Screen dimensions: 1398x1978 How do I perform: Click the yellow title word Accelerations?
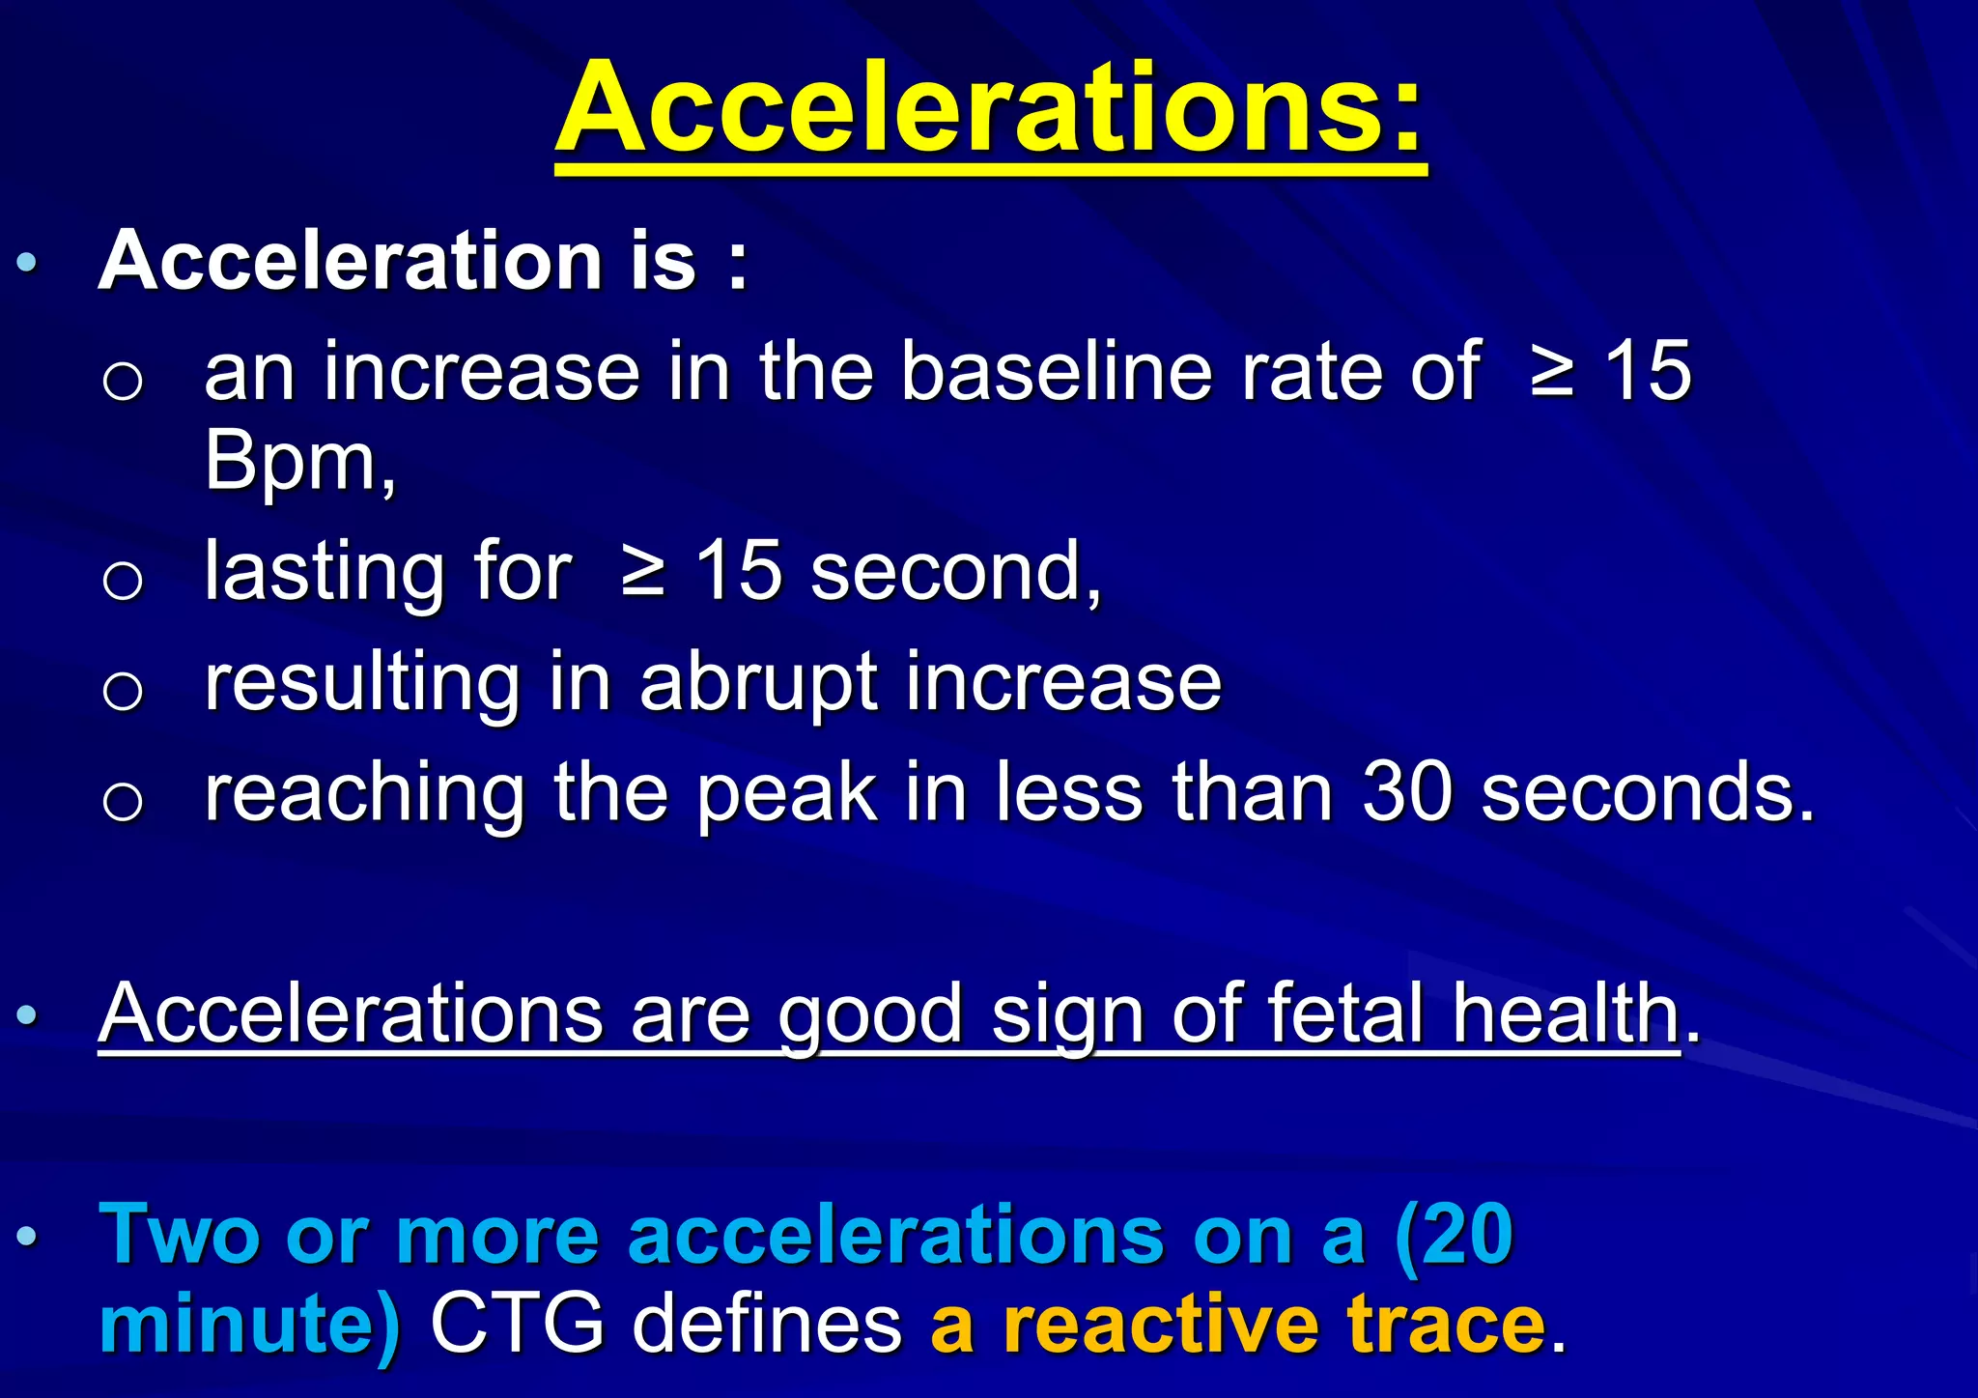(x=990, y=108)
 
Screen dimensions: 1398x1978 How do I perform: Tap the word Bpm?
(x=300, y=462)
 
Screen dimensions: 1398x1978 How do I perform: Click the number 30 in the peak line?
(x=1406, y=792)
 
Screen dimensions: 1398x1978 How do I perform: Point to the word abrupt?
(x=758, y=684)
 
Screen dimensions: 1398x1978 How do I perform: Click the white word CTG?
(x=517, y=1324)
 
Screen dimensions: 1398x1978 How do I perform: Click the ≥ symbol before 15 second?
(x=643, y=572)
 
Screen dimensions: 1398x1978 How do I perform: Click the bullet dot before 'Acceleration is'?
(x=28, y=262)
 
